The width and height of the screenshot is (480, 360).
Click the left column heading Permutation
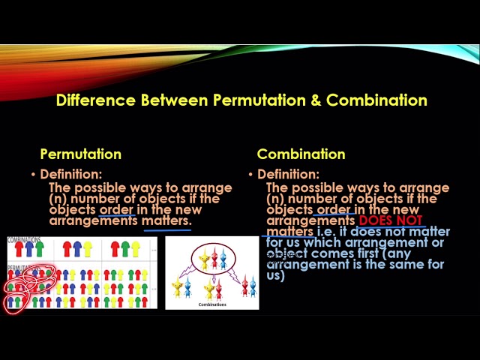(80, 154)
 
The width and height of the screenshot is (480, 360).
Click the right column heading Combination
(301, 154)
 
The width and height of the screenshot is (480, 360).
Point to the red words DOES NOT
(390, 221)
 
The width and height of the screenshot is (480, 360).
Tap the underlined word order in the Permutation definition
(116, 210)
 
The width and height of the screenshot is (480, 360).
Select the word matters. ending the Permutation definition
(166, 221)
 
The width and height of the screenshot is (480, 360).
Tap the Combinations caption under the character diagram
(212, 304)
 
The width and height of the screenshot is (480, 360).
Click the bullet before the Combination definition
(251, 175)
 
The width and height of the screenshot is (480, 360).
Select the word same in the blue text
(391, 264)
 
